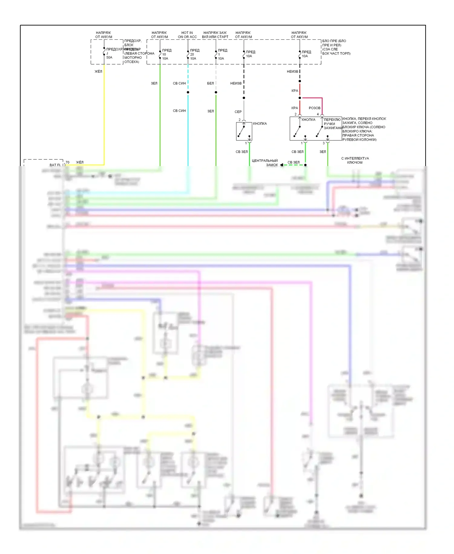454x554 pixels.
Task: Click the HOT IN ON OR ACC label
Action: (x=187, y=35)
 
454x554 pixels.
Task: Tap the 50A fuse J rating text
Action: (x=109, y=58)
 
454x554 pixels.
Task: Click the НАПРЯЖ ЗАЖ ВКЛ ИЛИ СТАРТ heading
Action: (x=215, y=35)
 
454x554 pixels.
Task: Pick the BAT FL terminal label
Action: (x=55, y=165)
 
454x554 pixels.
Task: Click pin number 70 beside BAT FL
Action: (x=67, y=162)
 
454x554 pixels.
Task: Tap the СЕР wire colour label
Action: (x=238, y=112)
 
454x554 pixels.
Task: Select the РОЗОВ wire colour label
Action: (x=314, y=108)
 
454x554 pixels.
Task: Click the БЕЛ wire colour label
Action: (x=210, y=83)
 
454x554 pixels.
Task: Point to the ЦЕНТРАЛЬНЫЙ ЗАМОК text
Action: (x=265, y=163)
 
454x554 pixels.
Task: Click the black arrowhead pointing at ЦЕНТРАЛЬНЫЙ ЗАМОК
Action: (x=281, y=165)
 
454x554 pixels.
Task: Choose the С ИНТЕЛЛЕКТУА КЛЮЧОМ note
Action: (x=355, y=160)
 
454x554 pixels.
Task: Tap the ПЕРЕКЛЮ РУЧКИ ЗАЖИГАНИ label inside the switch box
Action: (x=332, y=124)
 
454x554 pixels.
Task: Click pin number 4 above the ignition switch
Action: (x=318, y=114)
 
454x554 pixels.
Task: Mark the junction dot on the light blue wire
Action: (x=188, y=92)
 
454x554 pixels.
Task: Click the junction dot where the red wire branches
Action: (x=300, y=98)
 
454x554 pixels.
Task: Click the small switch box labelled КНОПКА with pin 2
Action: (x=244, y=131)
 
